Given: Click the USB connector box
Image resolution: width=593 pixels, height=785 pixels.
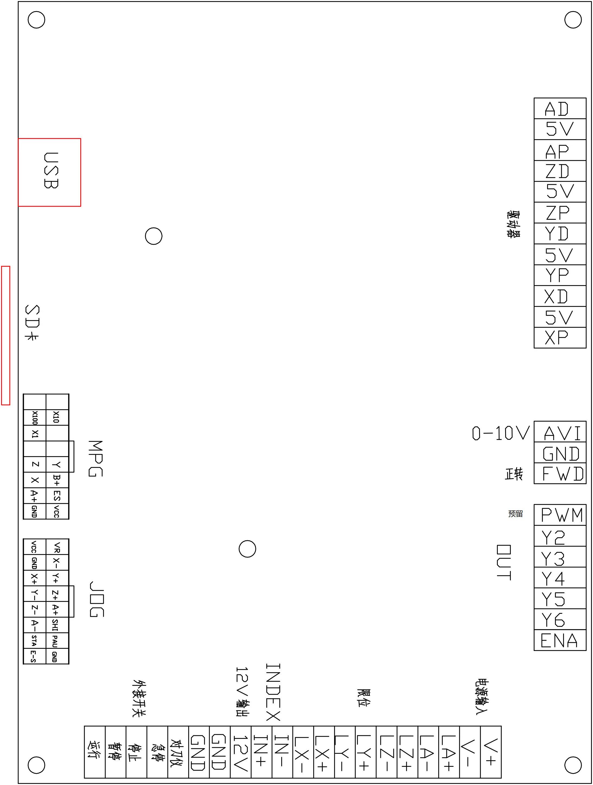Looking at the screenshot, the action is tap(49, 172).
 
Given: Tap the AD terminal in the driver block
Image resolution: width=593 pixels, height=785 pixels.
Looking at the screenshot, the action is tap(560, 109).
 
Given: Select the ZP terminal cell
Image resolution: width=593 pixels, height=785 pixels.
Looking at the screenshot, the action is tap(560, 213).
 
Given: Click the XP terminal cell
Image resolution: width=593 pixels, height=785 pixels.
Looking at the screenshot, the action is tap(560, 337).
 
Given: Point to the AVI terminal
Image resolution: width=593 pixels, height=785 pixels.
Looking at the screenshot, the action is tap(560, 432).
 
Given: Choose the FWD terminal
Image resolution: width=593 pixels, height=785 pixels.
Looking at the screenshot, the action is tap(560, 473).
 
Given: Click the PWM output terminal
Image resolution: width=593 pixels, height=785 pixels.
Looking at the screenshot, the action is tap(560, 515).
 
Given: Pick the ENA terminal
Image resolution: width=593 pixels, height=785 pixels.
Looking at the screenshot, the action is tap(560, 640).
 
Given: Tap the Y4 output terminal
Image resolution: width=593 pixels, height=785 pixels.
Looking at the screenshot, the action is tap(560, 578).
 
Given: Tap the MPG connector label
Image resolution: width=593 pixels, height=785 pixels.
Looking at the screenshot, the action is tap(95, 458).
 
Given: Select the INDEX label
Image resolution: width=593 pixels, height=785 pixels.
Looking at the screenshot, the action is tap(273, 692).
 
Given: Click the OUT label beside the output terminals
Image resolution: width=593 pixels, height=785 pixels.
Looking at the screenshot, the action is tap(504, 563).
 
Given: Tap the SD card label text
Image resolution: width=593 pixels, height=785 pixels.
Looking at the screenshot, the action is tap(32, 322).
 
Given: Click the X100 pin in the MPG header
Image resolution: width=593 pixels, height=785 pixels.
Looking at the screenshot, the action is tap(34, 418).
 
